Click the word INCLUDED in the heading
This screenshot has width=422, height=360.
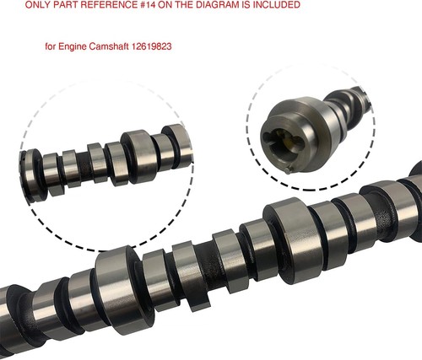coord(275,5)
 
